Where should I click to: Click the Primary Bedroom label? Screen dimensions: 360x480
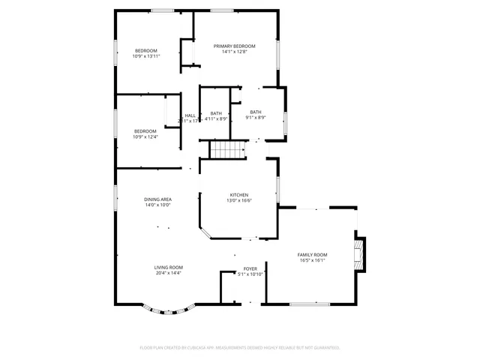pyautogui.click(x=238, y=46)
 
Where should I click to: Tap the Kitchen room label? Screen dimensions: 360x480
pyautogui.click(x=238, y=195)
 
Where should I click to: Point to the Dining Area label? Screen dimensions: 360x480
pyautogui.click(x=157, y=199)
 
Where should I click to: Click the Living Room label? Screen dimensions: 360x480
pyautogui.click(x=168, y=267)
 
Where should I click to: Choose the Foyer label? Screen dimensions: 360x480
pyautogui.click(x=250, y=268)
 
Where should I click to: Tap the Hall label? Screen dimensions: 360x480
pyautogui.click(x=190, y=115)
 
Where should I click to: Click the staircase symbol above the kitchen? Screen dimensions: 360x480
pyautogui.click(x=228, y=150)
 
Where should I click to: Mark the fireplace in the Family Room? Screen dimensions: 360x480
pyautogui.click(x=359, y=254)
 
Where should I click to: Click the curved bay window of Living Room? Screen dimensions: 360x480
pyautogui.click(x=169, y=308)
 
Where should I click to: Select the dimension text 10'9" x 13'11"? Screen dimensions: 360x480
pyautogui.click(x=146, y=56)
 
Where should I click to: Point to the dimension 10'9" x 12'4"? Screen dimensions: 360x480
pyautogui.click(x=146, y=137)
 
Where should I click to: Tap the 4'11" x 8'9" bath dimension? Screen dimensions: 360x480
pyautogui.click(x=216, y=118)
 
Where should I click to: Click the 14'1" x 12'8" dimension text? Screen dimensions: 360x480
pyautogui.click(x=238, y=52)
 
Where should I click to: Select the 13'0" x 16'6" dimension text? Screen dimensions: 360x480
pyautogui.click(x=238, y=201)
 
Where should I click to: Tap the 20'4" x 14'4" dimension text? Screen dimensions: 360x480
pyautogui.click(x=168, y=273)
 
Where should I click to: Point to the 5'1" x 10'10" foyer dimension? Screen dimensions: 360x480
pyautogui.click(x=250, y=274)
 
